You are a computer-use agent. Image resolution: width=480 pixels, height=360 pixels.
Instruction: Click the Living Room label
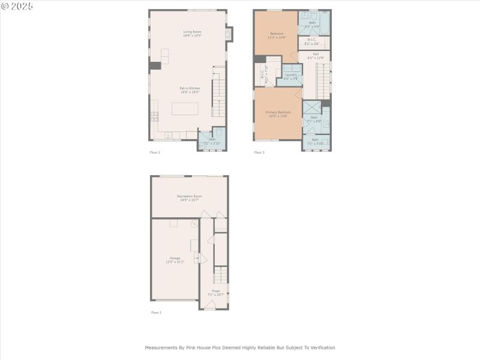192,34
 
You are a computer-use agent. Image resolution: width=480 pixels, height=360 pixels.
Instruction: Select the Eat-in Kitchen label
190,90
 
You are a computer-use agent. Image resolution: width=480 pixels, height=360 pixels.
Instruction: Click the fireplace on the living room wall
228,35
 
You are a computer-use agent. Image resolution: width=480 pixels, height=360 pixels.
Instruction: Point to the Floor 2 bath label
212,141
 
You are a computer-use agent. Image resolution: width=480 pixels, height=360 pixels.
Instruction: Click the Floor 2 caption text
155,152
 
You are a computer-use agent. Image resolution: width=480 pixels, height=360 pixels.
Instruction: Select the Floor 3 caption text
259,152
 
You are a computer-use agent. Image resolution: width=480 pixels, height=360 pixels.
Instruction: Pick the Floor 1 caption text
156,313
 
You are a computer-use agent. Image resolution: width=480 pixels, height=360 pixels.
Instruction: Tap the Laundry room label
291,76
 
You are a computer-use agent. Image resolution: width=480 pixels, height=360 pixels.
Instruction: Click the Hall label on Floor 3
316,56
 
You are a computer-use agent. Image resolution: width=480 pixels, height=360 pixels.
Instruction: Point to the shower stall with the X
311,107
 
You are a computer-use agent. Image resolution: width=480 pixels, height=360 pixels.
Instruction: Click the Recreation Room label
189,198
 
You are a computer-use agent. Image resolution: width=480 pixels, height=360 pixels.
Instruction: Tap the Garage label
175,260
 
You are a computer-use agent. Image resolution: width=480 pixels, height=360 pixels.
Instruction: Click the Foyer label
215,292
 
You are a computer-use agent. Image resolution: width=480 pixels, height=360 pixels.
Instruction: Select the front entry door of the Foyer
209,305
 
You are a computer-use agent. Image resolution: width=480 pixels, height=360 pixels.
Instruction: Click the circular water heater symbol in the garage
194,224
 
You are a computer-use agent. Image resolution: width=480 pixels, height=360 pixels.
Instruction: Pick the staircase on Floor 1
221,275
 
